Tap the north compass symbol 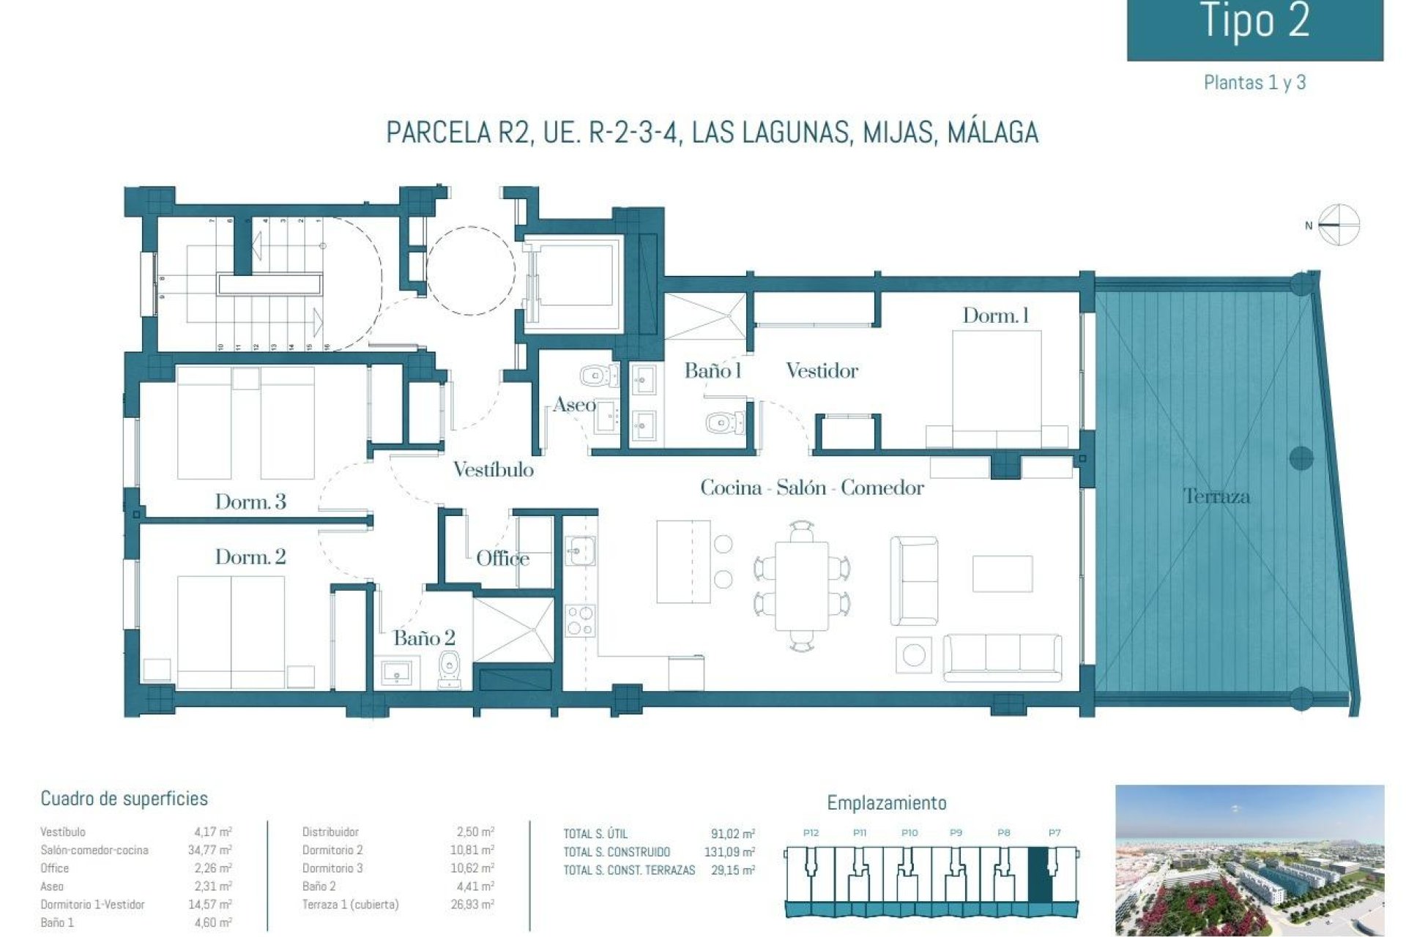click(1338, 225)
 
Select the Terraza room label click(1216, 496)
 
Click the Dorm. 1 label click(995, 316)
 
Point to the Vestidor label click(822, 370)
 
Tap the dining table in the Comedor click(802, 585)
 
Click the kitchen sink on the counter click(579, 550)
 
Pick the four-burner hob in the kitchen click(579, 621)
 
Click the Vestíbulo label click(493, 469)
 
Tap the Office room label click(502, 559)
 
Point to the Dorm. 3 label click(250, 501)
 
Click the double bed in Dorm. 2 click(231, 631)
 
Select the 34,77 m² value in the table click(209, 850)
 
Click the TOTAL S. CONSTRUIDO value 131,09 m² click(732, 852)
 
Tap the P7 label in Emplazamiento click(1054, 833)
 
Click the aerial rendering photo click(1249, 860)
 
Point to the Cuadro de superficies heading click(124, 799)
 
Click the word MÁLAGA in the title click(992, 132)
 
